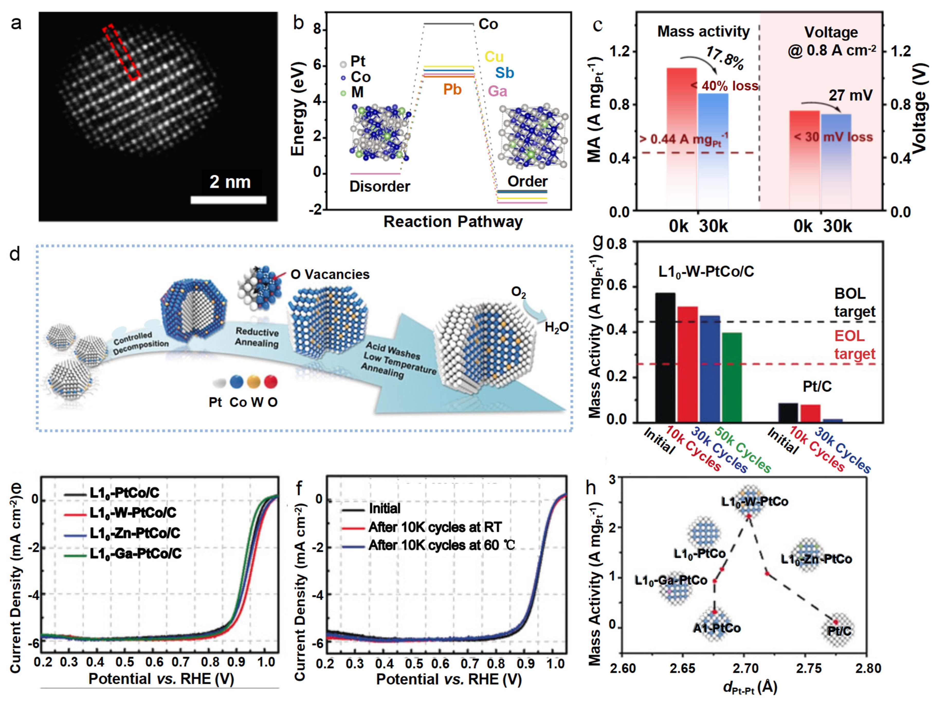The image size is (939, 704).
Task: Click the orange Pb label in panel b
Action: point(452,90)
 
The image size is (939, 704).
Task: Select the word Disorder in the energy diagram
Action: point(379,187)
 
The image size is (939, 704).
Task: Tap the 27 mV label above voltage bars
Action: point(850,95)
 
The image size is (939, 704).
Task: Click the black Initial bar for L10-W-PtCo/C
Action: point(665,357)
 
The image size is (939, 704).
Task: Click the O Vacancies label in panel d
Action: point(330,275)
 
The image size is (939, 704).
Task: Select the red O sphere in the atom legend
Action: point(270,382)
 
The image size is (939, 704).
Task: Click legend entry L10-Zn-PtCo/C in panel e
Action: point(135,533)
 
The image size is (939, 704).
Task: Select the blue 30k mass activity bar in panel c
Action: point(713,151)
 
